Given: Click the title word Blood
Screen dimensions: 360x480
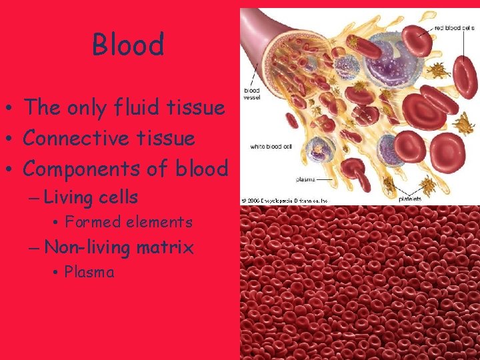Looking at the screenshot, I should pyautogui.click(x=128, y=45).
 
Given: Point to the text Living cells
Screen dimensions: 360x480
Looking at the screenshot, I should pyautogui.click(x=91, y=197).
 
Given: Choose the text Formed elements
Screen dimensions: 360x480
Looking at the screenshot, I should pyautogui.click(x=128, y=222).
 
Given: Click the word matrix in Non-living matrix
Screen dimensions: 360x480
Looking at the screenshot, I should pyautogui.click(x=165, y=247).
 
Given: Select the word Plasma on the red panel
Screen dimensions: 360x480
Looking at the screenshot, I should pyautogui.click(x=89, y=272).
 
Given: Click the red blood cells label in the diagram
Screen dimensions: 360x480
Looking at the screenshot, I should pyautogui.click(x=454, y=29).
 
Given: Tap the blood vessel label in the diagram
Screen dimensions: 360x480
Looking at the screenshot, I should pyautogui.click(x=253, y=95).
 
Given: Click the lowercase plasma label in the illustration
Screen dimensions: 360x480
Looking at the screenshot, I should pyautogui.click(x=307, y=179).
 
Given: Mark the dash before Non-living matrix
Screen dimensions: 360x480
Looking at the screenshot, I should pyautogui.click(x=35, y=248).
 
